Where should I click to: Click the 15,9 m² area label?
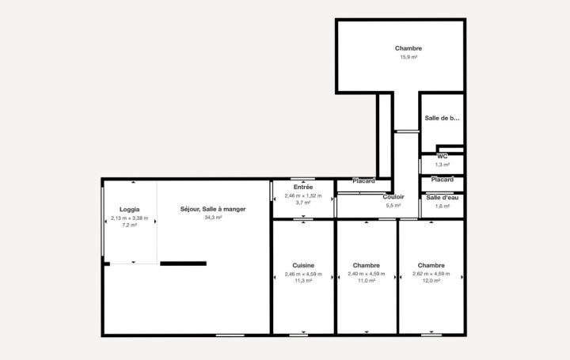[408, 57]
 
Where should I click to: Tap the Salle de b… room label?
[442, 118]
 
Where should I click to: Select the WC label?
[442, 157]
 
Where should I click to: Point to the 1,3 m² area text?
[442, 165]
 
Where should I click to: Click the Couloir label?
[393, 196]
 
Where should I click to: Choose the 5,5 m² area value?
[393, 205]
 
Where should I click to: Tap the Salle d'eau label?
[442, 197]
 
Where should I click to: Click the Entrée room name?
[303, 187]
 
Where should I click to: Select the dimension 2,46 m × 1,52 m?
[303, 195]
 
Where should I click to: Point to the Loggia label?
[130, 209]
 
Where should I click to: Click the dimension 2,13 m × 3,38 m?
[130, 218]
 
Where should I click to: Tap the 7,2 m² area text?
[130, 225]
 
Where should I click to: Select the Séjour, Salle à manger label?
[213, 209]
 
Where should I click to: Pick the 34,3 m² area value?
[213, 217]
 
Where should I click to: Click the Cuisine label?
[303, 265]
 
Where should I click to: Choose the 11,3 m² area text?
[303, 282]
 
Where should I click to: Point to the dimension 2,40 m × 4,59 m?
[367, 274]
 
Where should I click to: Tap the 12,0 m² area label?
[431, 282]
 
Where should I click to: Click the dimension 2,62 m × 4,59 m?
[431, 274]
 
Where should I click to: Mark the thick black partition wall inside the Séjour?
[183, 263]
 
